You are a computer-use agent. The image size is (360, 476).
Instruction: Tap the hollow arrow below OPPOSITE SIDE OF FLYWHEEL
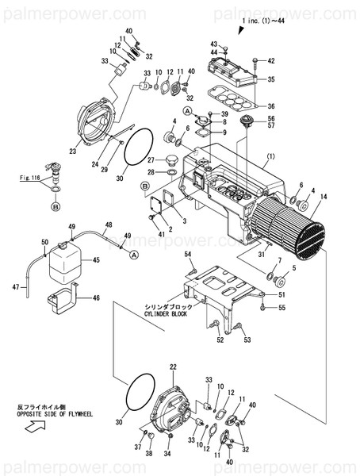click(33, 427)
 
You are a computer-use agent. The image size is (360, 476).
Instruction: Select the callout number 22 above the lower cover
click(173, 367)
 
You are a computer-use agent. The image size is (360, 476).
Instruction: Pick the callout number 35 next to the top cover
click(270, 79)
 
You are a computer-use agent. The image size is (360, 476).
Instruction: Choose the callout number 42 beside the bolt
click(270, 61)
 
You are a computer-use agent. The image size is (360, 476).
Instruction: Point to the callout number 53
click(246, 340)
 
